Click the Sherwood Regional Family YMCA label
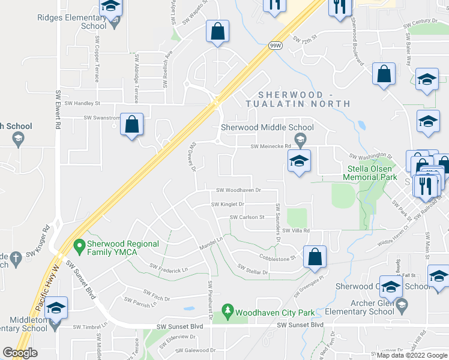point(122,248)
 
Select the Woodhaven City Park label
point(275,312)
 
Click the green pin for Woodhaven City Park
point(227,311)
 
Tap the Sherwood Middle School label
point(267,127)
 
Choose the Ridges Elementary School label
point(71,22)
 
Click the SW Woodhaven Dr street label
point(239,190)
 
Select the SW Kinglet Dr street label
point(228,204)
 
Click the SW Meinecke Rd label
point(270,146)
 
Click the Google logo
point(20,353)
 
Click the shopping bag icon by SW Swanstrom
point(132,124)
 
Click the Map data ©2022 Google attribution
point(411,355)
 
